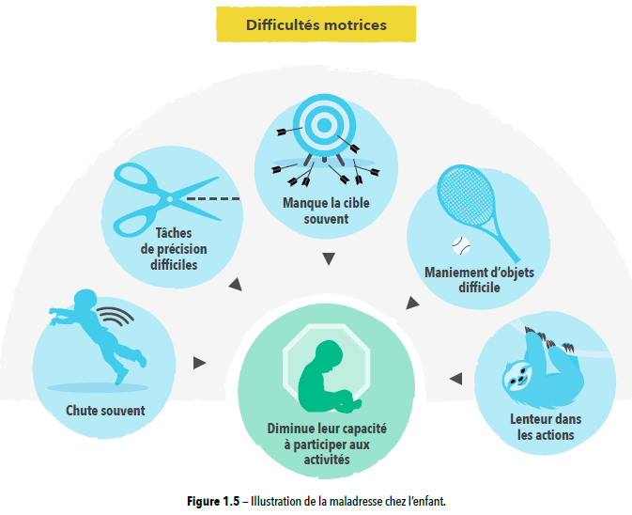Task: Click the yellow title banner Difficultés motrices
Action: point(316,25)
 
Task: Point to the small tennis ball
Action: point(459,245)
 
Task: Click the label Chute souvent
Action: point(105,411)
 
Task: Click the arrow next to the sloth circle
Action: point(455,379)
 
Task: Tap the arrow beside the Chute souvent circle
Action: point(199,362)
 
